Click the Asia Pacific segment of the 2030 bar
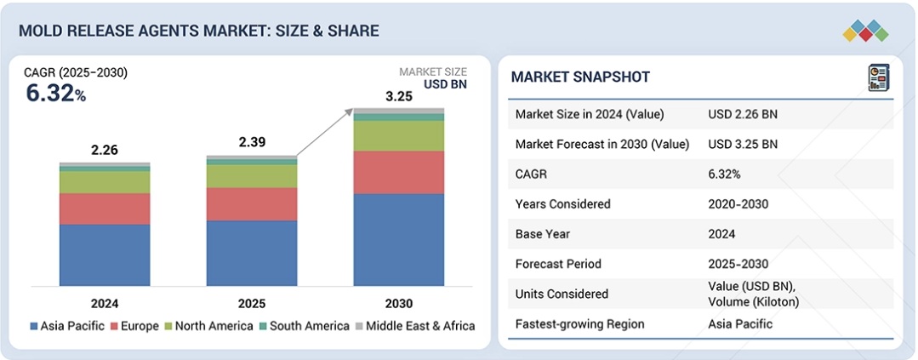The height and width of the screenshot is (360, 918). tap(399, 239)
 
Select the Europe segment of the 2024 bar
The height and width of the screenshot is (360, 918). tap(105, 209)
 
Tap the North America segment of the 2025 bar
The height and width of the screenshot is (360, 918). tap(252, 176)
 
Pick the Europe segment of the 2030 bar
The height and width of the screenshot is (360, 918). tap(399, 172)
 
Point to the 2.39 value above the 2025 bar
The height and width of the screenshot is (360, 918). tap(252, 142)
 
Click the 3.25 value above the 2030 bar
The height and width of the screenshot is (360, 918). tap(399, 96)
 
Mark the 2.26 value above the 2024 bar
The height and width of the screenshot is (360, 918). tap(105, 150)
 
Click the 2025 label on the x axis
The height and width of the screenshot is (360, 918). tap(252, 303)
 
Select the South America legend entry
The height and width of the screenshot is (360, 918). tap(304, 326)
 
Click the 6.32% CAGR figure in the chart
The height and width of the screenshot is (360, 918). tap(56, 94)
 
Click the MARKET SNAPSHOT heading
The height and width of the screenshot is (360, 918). tap(580, 77)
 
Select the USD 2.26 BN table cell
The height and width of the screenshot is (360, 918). tap(742, 114)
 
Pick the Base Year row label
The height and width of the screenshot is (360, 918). tap(542, 234)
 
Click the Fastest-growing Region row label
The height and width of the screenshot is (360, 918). tap(579, 323)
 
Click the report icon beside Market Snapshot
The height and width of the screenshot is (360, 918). tap(878, 77)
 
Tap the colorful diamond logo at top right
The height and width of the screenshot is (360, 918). tap(865, 31)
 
